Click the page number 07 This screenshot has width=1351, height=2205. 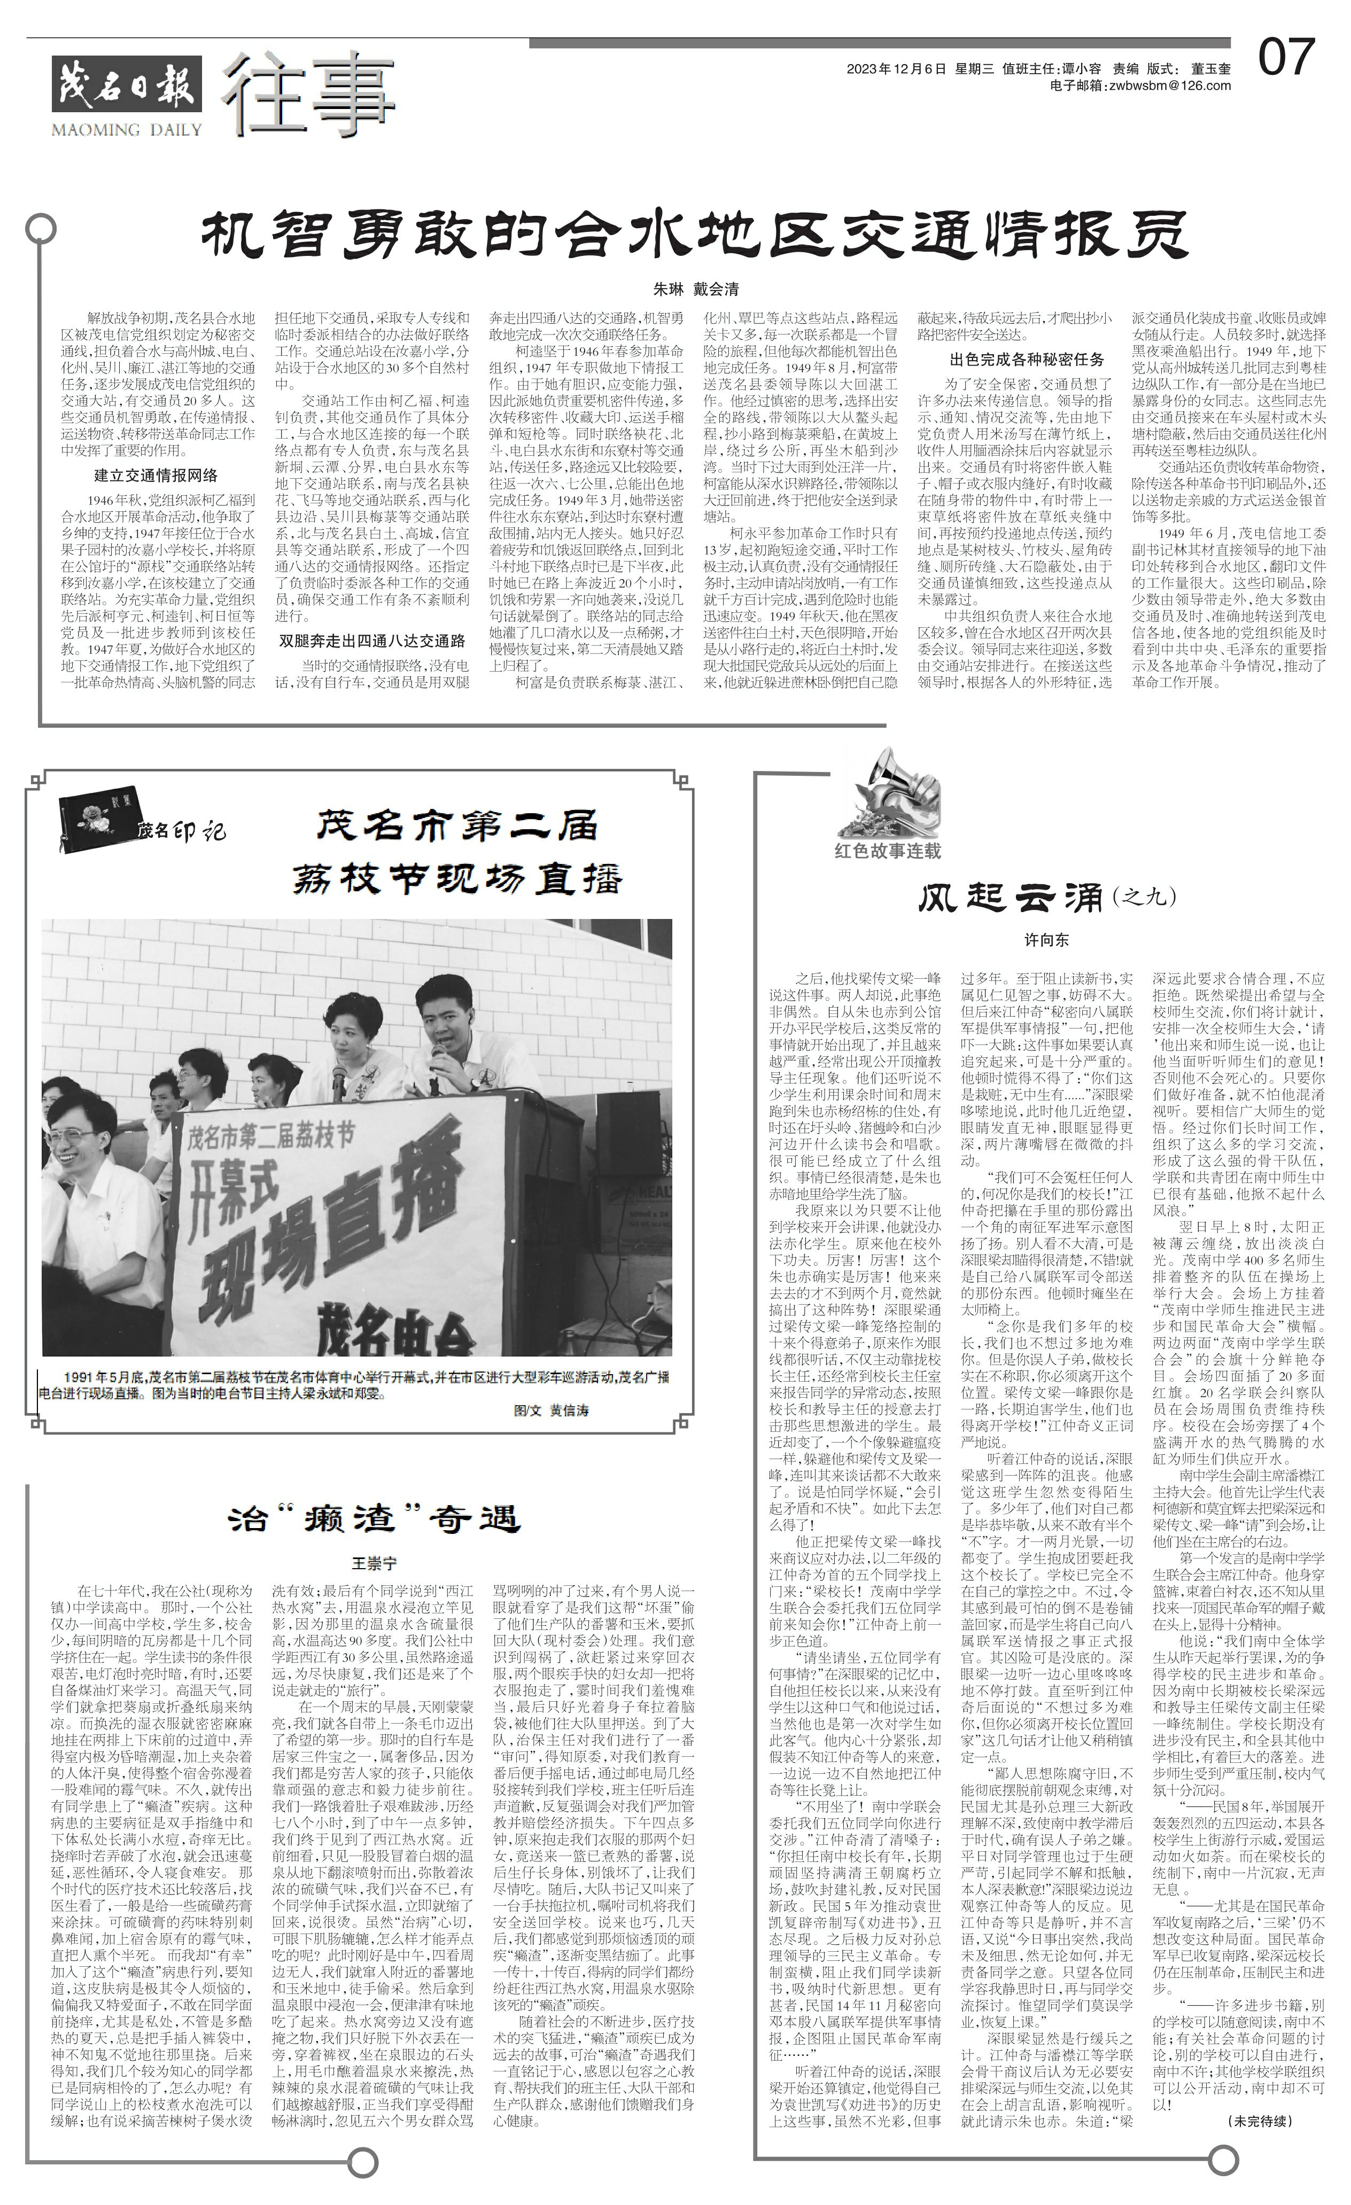tap(1286, 57)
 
